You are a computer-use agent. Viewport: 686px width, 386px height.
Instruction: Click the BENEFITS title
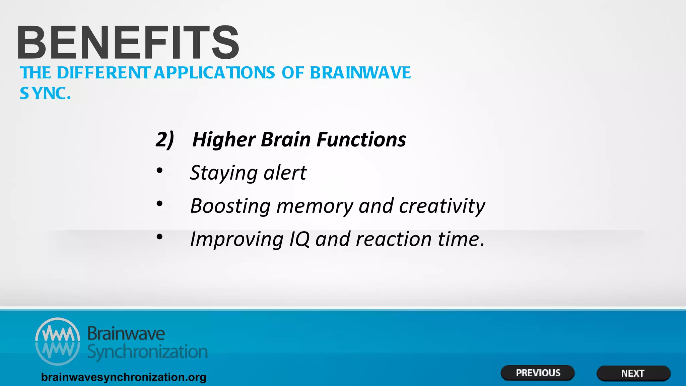(x=128, y=43)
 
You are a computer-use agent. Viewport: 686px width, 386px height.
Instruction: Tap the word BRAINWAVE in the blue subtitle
(x=360, y=73)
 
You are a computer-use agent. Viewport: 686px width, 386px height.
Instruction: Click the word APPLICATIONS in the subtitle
(x=214, y=73)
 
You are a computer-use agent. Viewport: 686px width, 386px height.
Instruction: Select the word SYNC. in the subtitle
(x=45, y=93)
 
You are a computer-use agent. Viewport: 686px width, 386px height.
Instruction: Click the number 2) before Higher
(x=164, y=139)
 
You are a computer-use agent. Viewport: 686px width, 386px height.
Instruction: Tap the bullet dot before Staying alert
(x=160, y=171)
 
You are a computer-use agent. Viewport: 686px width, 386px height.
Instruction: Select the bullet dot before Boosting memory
(x=160, y=204)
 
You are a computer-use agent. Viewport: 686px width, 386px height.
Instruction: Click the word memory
(x=315, y=206)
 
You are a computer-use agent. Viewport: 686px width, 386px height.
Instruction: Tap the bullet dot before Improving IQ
(x=160, y=237)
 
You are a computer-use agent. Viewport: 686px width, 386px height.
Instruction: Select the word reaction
(x=394, y=239)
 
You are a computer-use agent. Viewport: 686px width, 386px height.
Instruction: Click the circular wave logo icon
(x=58, y=341)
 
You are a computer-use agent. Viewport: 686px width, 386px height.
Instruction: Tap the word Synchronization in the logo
(x=147, y=352)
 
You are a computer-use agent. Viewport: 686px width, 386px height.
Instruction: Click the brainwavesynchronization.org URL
(x=124, y=377)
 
